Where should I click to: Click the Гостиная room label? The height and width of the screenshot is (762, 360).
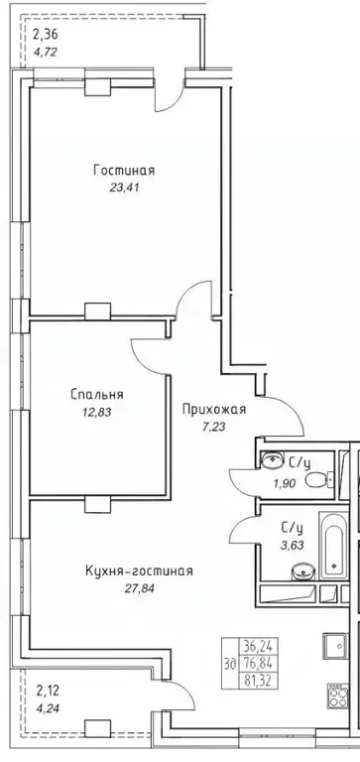pyautogui.click(x=124, y=170)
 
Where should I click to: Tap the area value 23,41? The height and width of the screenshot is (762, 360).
pyautogui.click(x=124, y=187)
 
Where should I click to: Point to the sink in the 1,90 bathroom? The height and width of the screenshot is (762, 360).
pyautogui.click(x=271, y=459)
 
